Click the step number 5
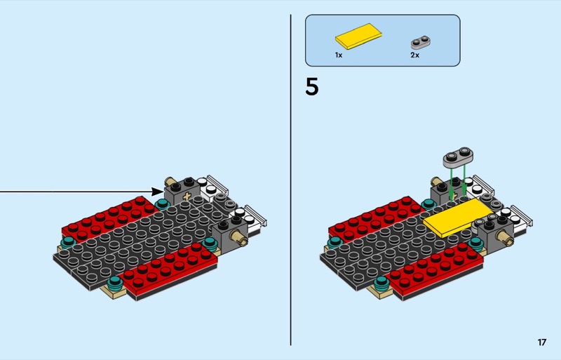click(311, 87)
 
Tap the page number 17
click(541, 342)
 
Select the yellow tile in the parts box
click(358, 36)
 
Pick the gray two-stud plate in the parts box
click(420, 42)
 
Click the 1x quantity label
click(339, 55)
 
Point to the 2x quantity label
click(414, 55)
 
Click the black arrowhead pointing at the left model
click(157, 192)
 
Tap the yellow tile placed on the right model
click(458, 218)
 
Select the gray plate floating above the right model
click(458, 158)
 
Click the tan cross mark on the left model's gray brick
click(187, 196)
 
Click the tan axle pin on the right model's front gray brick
click(504, 238)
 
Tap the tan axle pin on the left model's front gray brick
click(238, 238)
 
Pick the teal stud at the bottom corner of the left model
click(114, 282)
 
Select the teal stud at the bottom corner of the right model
click(381, 283)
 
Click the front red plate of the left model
click(169, 270)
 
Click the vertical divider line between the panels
click(290, 180)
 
